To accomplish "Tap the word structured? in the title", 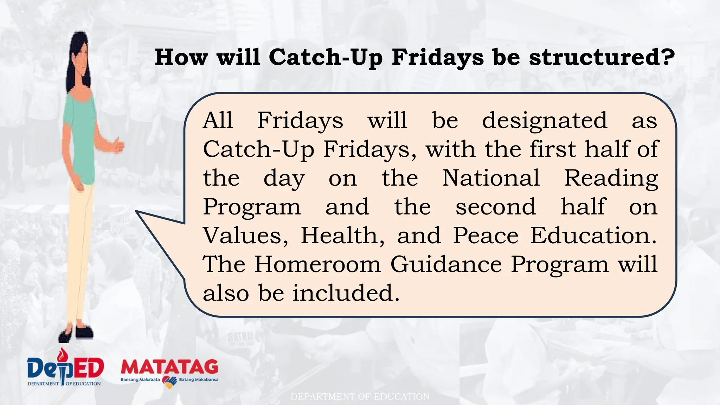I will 602,57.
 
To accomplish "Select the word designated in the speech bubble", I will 545,120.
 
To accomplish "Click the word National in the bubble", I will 491,178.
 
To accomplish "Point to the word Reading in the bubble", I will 611,179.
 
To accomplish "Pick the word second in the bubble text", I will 496,207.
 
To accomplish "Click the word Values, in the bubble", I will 245,236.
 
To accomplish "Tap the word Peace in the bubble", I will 486,236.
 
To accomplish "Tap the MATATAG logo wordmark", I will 169,367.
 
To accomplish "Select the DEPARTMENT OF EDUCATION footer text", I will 360,397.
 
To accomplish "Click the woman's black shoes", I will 76,332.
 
